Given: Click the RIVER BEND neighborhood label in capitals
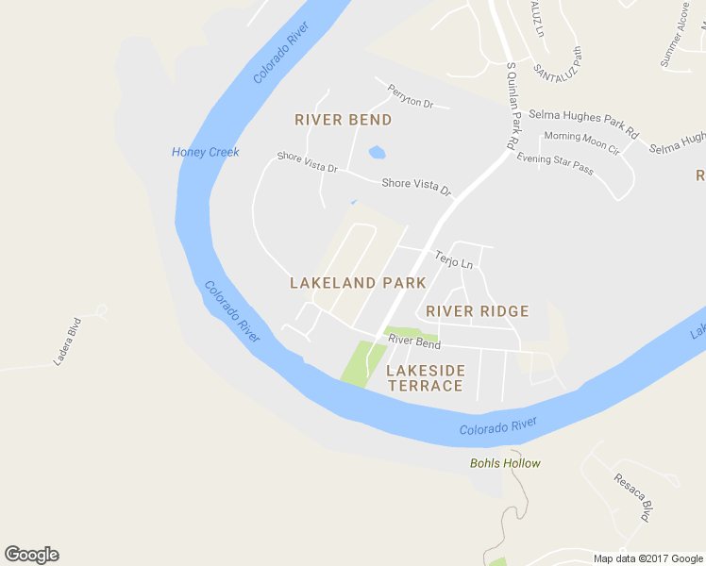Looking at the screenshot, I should click(x=343, y=120).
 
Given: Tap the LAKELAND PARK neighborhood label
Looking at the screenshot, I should click(x=358, y=283).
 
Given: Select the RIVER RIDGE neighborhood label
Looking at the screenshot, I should click(x=477, y=311).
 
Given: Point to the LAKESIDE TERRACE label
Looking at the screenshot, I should click(x=425, y=378).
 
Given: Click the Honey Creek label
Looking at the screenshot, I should click(x=206, y=152).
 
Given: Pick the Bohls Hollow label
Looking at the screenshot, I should click(x=505, y=463).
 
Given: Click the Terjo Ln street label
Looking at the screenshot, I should click(x=453, y=258).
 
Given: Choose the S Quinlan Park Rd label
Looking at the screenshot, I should click(x=513, y=106).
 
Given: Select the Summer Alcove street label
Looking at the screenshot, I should click(x=676, y=34).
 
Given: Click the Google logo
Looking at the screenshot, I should click(x=32, y=555).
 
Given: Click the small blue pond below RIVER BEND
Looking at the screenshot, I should click(x=377, y=152).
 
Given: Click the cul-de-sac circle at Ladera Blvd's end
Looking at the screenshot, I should click(x=101, y=309).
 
